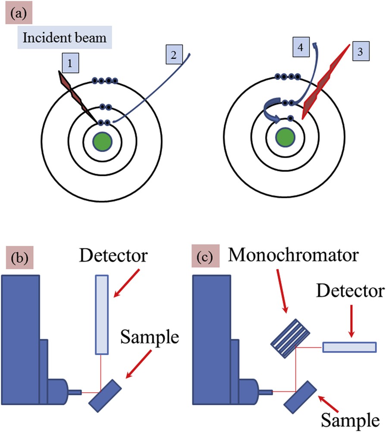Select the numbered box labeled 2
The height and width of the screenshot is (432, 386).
coord(175,56)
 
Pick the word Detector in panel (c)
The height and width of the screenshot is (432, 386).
coord(350,293)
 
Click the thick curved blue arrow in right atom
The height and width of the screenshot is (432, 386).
coord(271,111)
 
